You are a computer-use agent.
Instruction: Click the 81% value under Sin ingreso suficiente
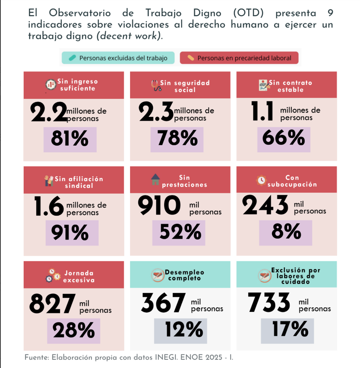(x=70, y=139)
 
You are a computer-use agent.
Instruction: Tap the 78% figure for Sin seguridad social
(x=177, y=138)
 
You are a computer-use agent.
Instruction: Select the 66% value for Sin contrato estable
(x=283, y=138)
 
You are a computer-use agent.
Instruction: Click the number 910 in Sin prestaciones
(x=160, y=206)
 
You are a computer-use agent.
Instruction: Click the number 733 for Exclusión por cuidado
(x=269, y=302)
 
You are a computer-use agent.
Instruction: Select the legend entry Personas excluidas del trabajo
(x=118, y=58)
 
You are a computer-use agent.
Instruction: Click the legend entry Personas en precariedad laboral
(x=239, y=58)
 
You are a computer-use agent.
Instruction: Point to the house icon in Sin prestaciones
(x=156, y=179)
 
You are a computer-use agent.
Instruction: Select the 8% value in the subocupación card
(x=286, y=232)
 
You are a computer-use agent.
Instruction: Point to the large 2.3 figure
(x=156, y=112)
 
